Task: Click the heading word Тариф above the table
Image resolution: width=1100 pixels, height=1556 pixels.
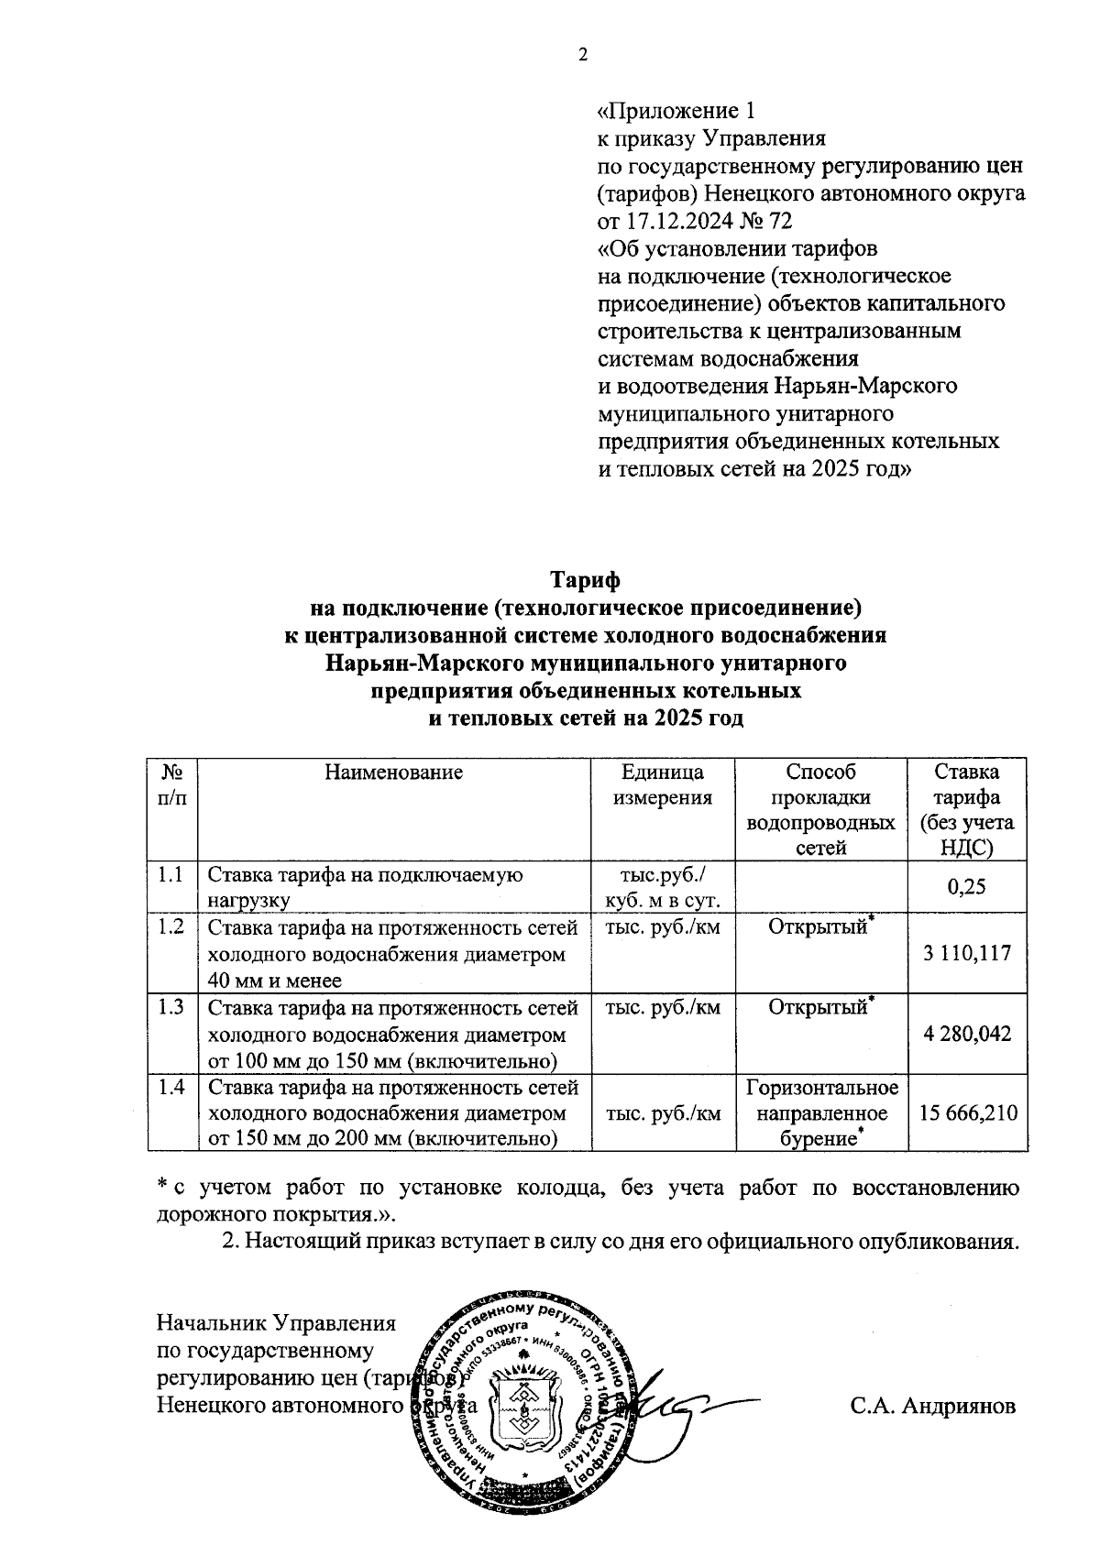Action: click(x=585, y=580)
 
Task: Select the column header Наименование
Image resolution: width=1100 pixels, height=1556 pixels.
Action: click(x=394, y=773)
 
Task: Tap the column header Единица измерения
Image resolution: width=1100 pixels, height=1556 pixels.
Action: click(x=663, y=784)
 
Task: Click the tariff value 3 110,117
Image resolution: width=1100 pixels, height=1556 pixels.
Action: click(x=968, y=953)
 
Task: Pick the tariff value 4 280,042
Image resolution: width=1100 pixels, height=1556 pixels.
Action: click(x=968, y=1035)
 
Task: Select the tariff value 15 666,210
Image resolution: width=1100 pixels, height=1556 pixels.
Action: click(x=968, y=1113)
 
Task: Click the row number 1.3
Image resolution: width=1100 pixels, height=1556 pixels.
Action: click(x=171, y=1007)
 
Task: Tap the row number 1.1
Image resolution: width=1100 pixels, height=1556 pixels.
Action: click(x=171, y=874)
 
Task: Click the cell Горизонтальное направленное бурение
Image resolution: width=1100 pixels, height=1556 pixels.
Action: click(x=821, y=1113)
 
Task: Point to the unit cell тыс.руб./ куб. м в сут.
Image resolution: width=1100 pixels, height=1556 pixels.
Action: click(x=663, y=887)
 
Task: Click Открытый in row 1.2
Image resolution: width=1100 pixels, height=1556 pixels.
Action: click(x=818, y=928)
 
